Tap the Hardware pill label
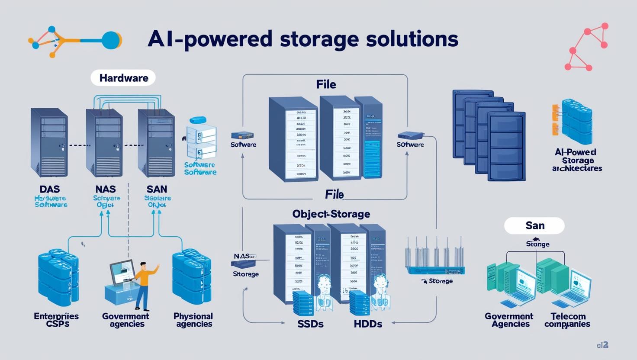(x=123, y=78)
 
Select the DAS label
(x=49, y=189)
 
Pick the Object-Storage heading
(x=331, y=214)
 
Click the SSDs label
(x=310, y=324)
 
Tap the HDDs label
(x=368, y=324)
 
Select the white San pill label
(x=534, y=225)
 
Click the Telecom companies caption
(x=567, y=320)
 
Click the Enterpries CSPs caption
(x=56, y=320)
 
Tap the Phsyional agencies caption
(x=193, y=320)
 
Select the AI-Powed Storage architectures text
(x=577, y=160)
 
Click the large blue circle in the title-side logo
(x=111, y=40)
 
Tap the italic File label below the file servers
(x=334, y=195)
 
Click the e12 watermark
(x=602, y=345)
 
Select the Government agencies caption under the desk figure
(x=126, y=320)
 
